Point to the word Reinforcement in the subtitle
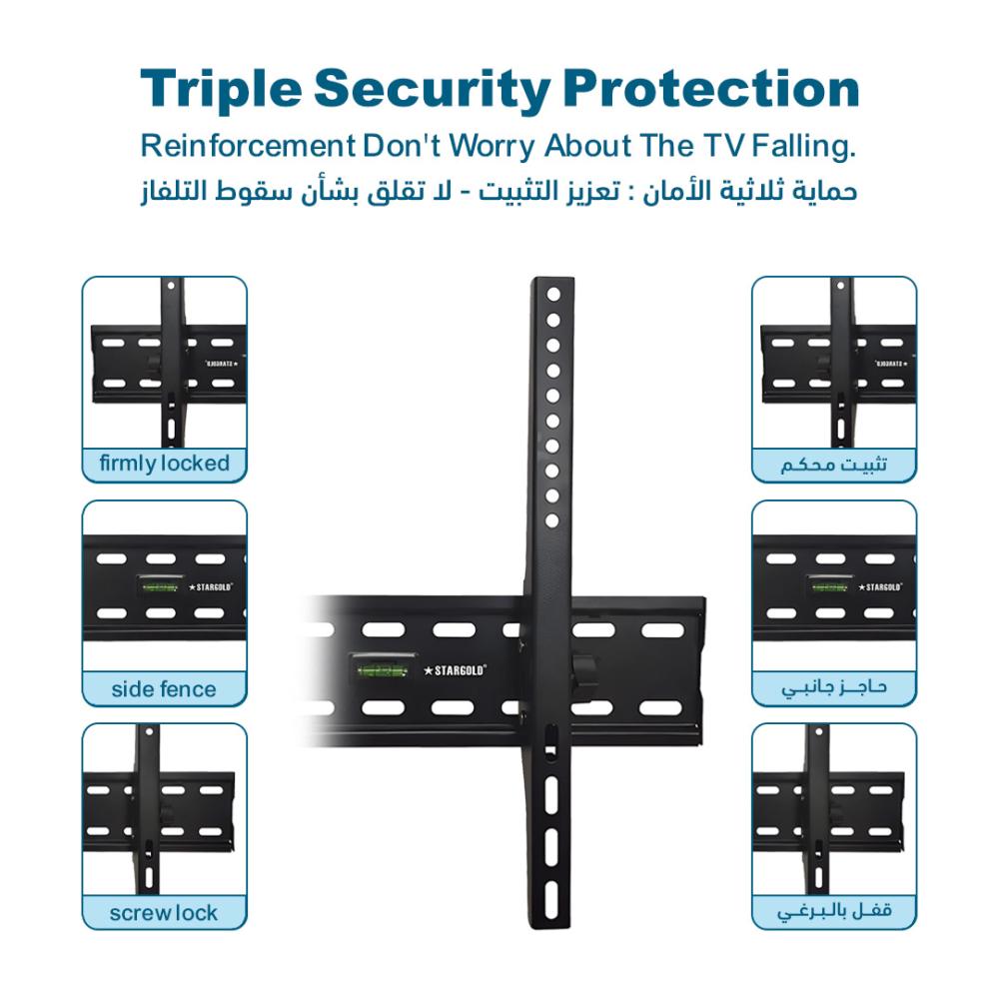click(248, 146)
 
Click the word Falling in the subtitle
click(803, 146)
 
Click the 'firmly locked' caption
click(165, 464)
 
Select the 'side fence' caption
click(164, 688)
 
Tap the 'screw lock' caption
click(164, 913)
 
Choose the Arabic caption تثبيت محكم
click(834, 465)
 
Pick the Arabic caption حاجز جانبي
click(834, 688)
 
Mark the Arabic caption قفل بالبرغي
click(834, 912)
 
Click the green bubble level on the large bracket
click(383, 670)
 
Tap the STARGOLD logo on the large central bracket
click(455, 670)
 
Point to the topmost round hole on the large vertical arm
click(553, 295)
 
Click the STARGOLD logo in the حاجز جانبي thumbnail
click(880, 586)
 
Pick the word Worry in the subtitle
click(492, 147)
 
